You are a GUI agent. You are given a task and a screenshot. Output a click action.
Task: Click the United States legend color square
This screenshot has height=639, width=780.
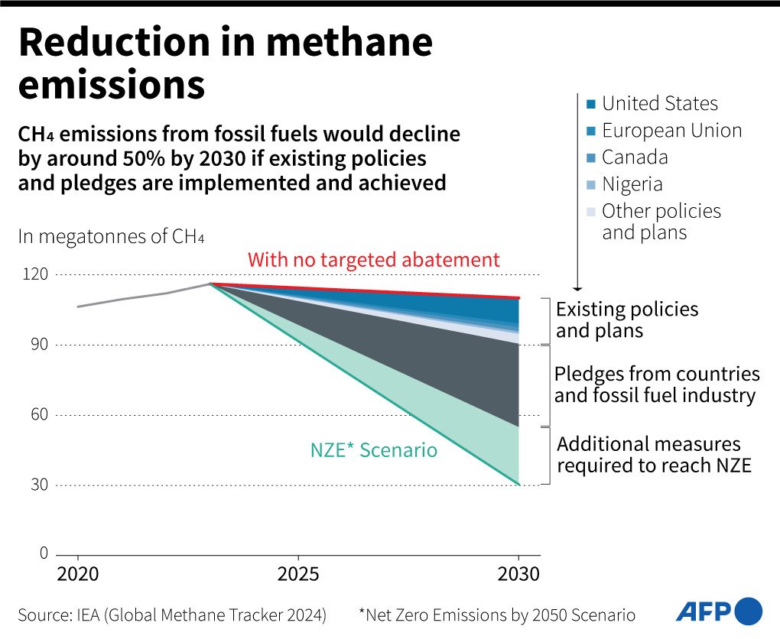(x=591, y=104)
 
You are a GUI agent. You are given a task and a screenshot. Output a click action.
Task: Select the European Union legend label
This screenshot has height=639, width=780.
(x=671, y=131)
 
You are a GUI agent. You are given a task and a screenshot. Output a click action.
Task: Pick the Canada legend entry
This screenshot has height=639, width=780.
(x=635, y=157)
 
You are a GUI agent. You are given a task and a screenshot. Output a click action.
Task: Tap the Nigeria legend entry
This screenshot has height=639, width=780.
(x=632, y=184)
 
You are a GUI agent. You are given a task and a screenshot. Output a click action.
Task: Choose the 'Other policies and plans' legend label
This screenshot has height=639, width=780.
(x=661, y=222)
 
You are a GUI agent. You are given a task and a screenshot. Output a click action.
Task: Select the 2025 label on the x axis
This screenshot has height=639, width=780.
(x=298, y=574)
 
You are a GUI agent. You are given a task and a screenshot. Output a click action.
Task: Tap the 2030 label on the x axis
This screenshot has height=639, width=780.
(x=519, y=574)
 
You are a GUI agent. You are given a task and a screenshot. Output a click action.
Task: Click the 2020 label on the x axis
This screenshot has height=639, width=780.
(x=77, y=574)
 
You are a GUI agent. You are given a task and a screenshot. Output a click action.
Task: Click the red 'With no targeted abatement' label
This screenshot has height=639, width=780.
(x=374, y=260)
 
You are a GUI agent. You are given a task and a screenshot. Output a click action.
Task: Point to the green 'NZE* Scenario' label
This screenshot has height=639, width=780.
(x=374, y=450)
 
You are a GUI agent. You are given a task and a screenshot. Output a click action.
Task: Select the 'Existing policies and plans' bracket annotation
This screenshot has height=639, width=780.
(x=627, y=320)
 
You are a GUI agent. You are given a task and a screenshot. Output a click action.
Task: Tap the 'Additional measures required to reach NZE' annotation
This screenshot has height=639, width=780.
(x=654, y=455)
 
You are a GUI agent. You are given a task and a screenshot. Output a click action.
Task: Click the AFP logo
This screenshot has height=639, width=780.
(x=719, y=611)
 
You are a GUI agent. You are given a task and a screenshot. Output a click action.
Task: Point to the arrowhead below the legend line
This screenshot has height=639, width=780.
(x=577, y=287)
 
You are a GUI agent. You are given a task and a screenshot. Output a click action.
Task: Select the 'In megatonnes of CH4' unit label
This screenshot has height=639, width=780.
(x=111, y=236)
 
